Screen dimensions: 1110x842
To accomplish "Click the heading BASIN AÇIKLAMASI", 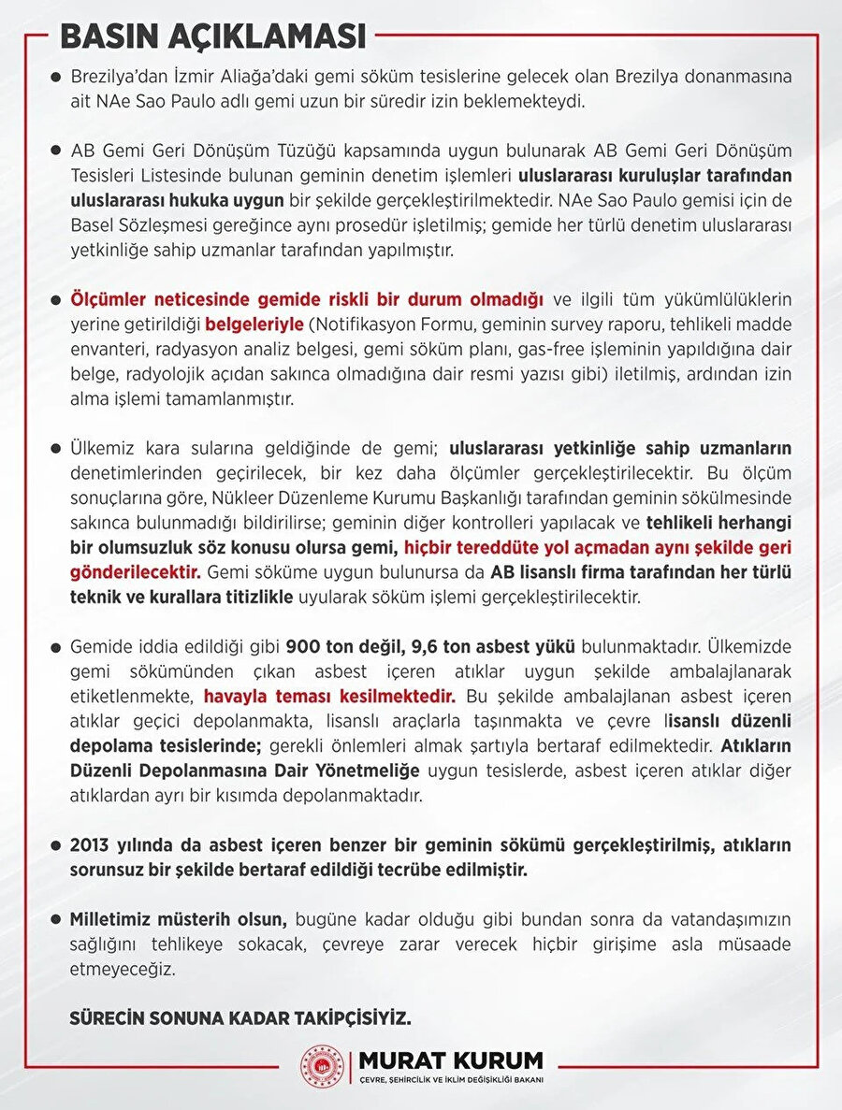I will click(213, 36).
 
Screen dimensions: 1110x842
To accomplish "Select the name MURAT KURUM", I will click(452, 1060).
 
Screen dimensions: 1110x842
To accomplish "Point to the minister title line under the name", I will click(452, 1080).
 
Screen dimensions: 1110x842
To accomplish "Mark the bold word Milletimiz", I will click(113, 918).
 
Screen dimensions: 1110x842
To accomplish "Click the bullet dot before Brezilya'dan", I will click(56, 78).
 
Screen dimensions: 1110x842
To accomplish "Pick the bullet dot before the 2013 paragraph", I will click(56, 844).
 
